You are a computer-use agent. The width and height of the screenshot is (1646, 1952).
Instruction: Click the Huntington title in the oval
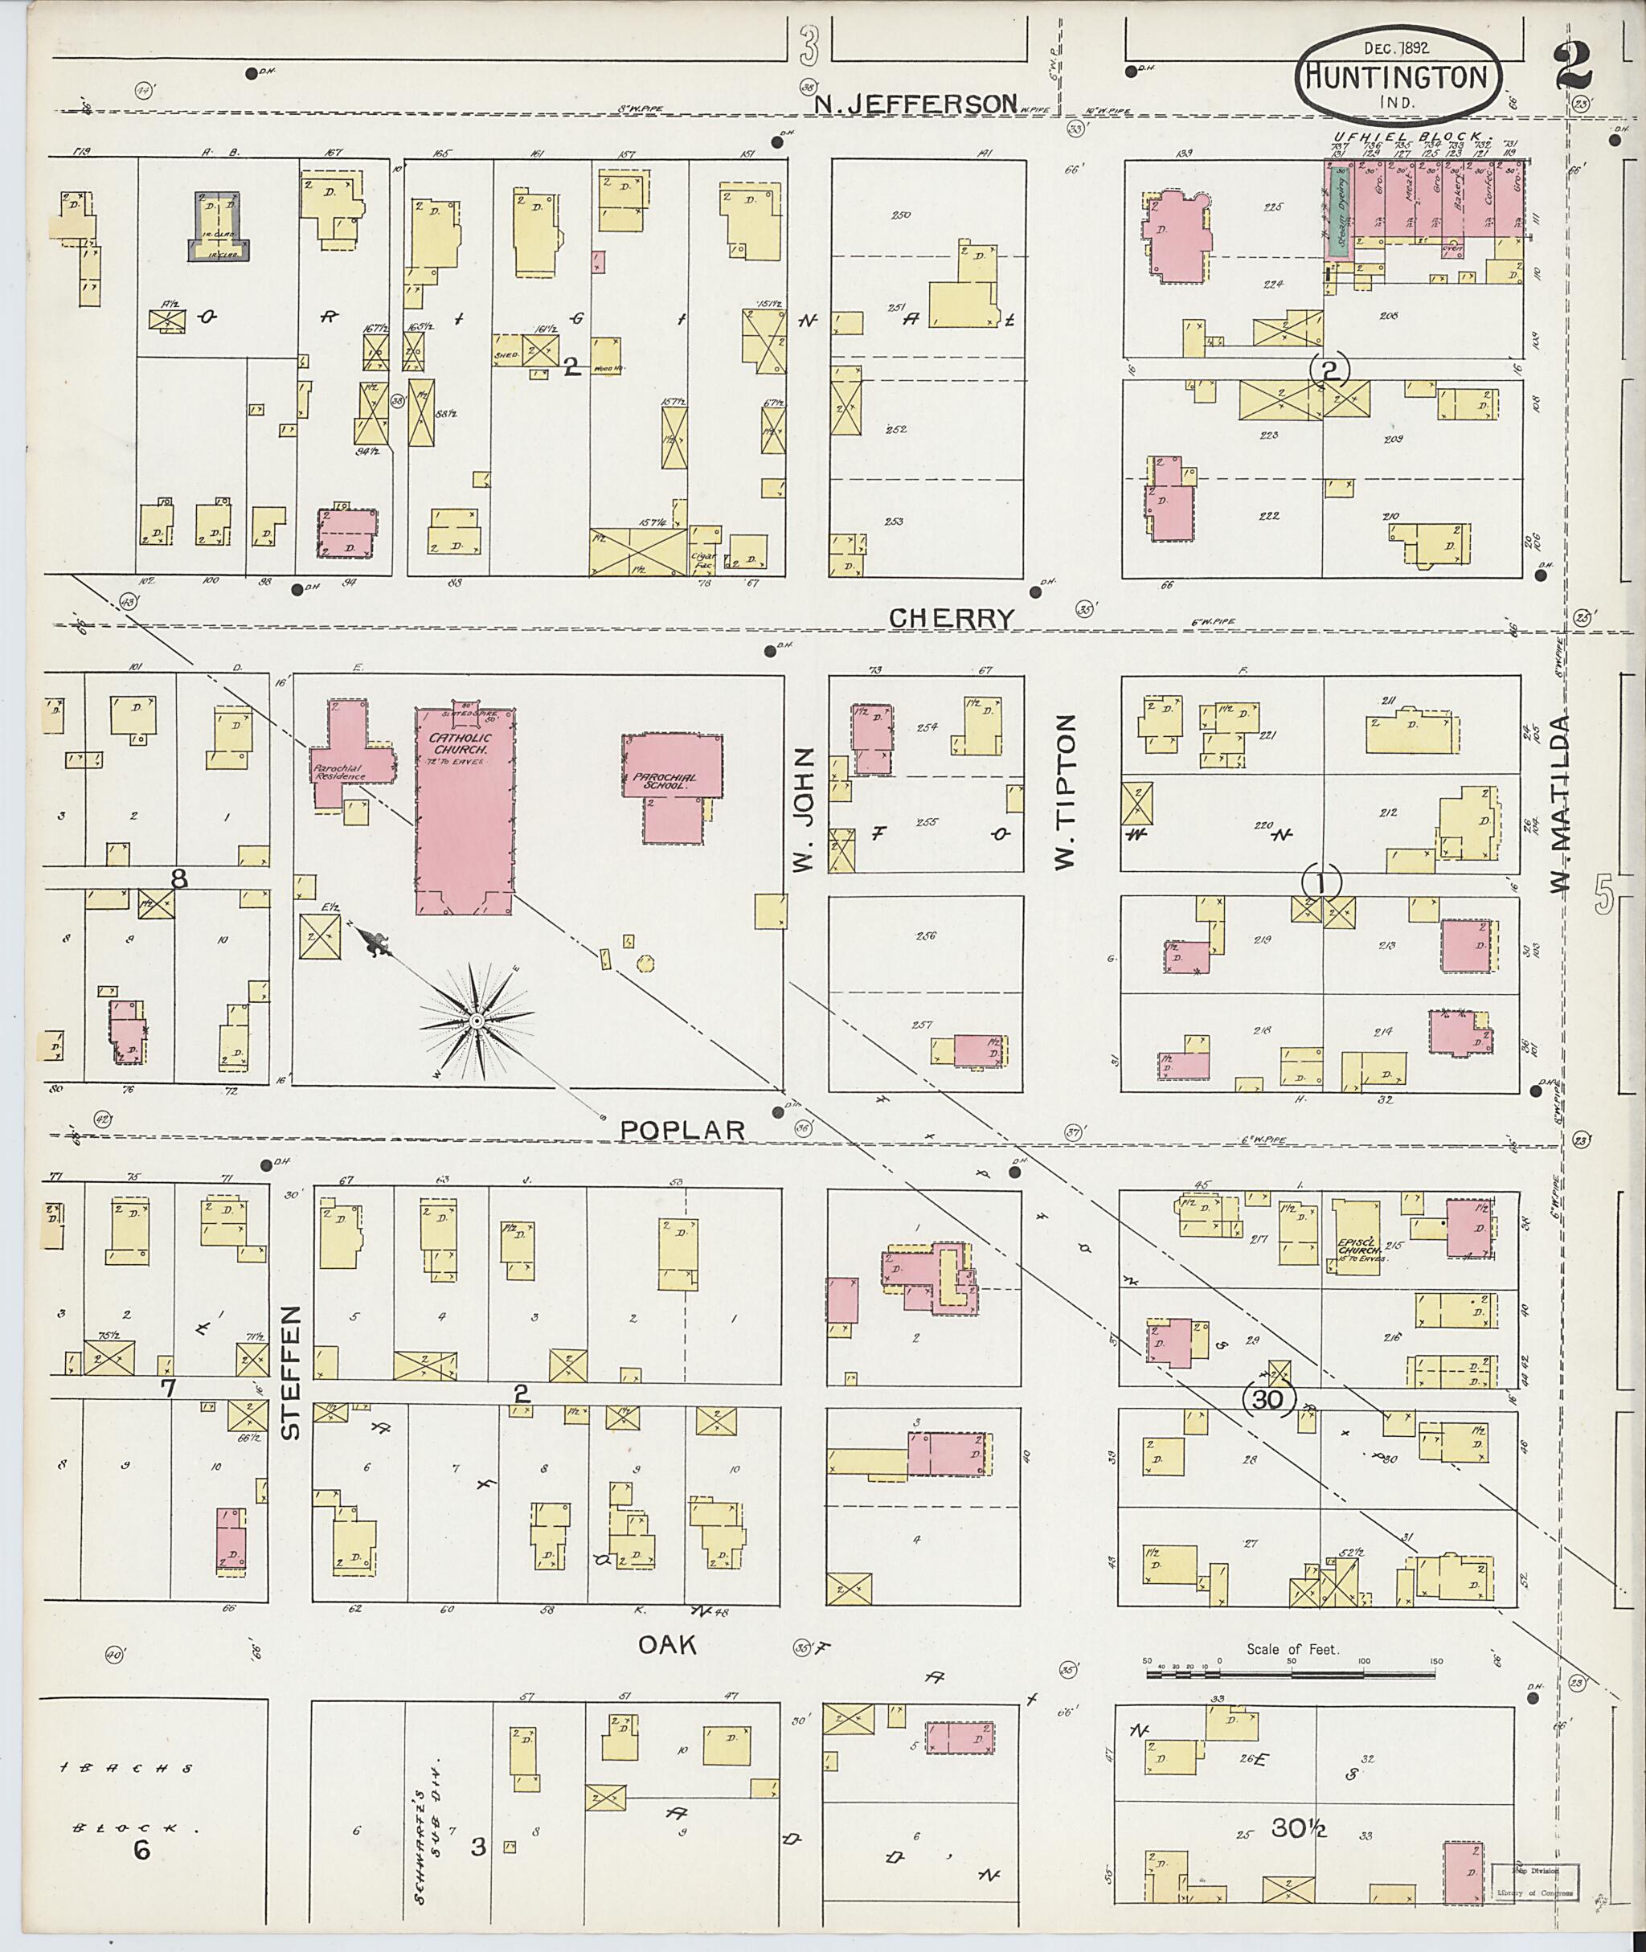(1397, 76)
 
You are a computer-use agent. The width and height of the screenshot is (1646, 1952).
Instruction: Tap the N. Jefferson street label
(914, 104)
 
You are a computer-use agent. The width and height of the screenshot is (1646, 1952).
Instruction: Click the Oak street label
(667, 1645)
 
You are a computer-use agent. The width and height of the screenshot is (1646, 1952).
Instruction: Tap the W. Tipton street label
(1066, 792)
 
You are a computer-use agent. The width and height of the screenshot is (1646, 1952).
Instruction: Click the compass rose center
(477, 1021)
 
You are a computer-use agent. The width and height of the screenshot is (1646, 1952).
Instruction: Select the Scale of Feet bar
(1292, 1675)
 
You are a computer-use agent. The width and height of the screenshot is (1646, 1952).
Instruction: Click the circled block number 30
(1270, 1400)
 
